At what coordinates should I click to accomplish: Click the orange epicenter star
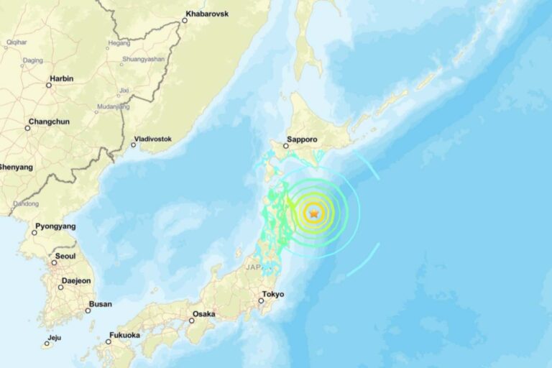(313, 212)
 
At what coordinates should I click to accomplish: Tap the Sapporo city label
(302, 141)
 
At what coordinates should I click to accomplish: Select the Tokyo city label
(273, 294)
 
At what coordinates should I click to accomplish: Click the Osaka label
(204, 314)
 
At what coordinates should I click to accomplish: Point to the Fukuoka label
(124, 335)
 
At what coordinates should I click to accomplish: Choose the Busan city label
(99, 304)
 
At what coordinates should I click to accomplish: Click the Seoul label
(65, 257)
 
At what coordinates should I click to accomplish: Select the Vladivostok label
(152, 139)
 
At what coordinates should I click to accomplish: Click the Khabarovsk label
(207, 14)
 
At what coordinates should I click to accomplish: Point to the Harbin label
(61, 78)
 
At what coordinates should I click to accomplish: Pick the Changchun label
(49, 121)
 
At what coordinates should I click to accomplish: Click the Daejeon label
(76, 281)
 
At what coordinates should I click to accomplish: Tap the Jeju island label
(55, 337)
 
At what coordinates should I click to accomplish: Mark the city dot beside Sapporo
(285, 146)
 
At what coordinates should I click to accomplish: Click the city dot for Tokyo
(261, 300)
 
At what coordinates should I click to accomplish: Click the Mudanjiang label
(113, 107)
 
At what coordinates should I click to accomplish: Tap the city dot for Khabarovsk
(185, 20)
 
